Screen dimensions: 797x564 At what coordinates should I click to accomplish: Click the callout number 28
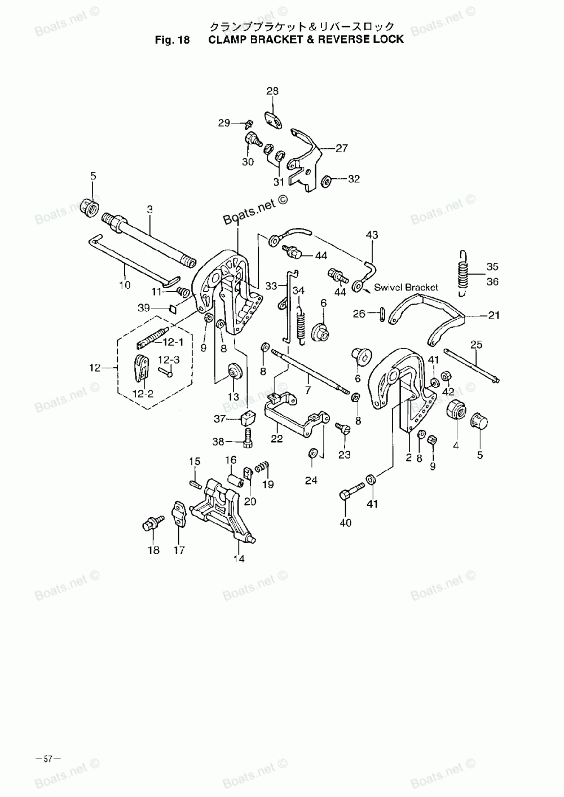[x=272, y=91]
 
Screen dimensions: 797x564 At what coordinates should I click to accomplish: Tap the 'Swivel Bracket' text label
[x=406, y=287]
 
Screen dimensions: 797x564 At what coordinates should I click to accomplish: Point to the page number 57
[x=48, y=759]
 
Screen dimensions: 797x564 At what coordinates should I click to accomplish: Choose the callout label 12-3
[x=169, y=359]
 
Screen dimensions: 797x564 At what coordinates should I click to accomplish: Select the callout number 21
[x=493, y=316]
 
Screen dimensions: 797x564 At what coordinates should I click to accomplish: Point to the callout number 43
[x=372, y=235]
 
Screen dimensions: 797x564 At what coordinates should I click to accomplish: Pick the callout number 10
[x=124, y=285]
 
